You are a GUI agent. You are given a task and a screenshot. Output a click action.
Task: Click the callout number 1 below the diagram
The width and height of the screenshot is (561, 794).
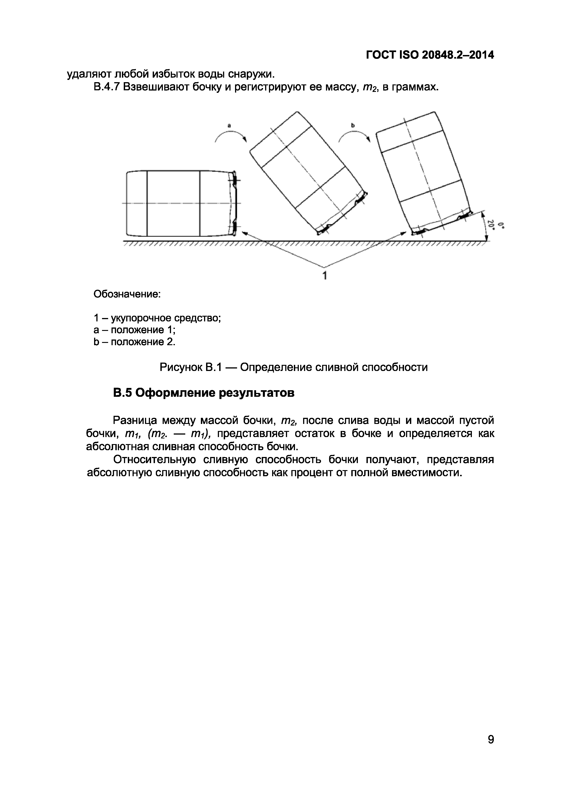[325, 276]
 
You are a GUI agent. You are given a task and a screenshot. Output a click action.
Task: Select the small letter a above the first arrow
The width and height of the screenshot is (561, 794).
[229, 126]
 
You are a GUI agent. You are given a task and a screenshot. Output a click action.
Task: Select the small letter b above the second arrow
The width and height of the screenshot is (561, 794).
[353, 126]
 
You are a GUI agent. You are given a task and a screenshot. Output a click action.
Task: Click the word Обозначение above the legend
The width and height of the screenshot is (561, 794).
[127, 294]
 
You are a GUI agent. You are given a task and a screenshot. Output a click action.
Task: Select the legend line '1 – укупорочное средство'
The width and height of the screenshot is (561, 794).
[157, 318]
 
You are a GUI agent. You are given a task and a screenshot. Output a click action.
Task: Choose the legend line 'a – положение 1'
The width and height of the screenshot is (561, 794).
[134, 330]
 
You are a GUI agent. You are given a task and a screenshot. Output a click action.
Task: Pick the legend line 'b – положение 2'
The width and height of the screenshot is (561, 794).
[134, 342]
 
